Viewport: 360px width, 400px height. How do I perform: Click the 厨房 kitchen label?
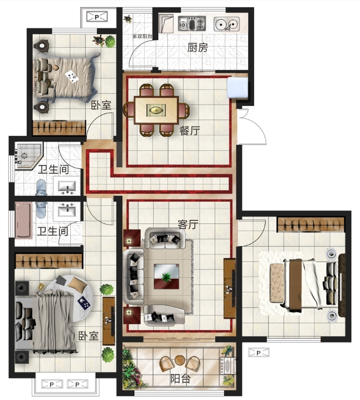tap(197, 48)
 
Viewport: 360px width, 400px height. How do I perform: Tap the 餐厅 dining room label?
tap(190, 131)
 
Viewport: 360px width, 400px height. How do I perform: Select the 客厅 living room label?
tap(188, 224)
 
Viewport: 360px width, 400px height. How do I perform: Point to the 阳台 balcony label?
tap(180, 379)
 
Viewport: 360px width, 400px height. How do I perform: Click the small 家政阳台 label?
tap(142, 36)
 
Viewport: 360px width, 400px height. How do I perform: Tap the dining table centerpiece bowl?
tap(156, 110)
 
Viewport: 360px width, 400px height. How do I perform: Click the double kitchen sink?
tap(226, 24)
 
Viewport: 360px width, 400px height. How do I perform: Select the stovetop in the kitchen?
tap(192, 24)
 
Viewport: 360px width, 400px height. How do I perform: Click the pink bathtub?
tap(24, 220)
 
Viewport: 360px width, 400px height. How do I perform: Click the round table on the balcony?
tap(181, 360)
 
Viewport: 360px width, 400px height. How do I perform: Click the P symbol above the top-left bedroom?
tap(97, 17)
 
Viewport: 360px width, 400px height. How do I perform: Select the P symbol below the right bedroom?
tap(259, 353)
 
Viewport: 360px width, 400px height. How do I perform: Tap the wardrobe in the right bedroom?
tap(311, 224)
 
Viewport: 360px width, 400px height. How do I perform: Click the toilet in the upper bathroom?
tap(41, 187)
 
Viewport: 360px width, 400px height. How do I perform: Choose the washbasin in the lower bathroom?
tap(67, 211)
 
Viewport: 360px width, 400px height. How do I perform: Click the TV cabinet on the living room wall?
tap(229, 288)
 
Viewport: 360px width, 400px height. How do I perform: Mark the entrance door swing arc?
tap(260, 125)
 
